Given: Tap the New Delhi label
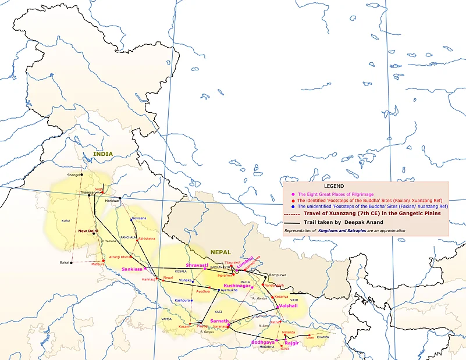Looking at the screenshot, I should click(88, 231).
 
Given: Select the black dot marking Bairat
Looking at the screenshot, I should click(70, 262).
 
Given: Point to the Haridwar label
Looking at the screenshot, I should click(112, 201).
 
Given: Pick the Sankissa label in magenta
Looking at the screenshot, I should click(133, 269).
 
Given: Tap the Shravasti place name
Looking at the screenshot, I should click(197, 265).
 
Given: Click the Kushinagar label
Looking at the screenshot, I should click(237, 286).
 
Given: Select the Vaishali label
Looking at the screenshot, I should click(289, 305).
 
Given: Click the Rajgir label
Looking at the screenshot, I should click(291, 343).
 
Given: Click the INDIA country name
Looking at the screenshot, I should click(102, 154).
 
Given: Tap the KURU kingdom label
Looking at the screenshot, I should click(65, 221).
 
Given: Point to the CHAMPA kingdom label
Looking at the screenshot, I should click(323, 337).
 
